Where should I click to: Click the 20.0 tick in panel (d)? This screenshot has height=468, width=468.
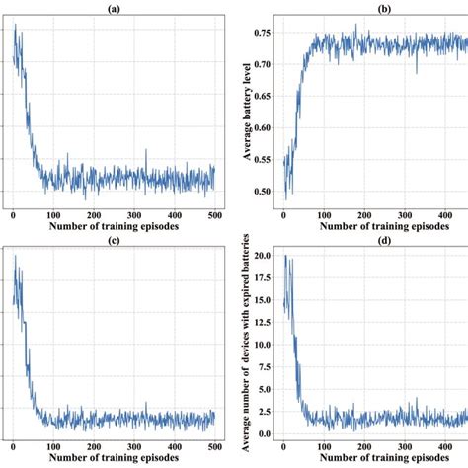(x=264, y=255)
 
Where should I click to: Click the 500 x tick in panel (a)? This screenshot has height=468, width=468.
(x=213, y=216)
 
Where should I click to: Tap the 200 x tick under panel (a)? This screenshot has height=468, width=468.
(x=93, y=216)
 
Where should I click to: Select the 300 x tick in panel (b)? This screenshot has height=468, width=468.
(x=404, y=216)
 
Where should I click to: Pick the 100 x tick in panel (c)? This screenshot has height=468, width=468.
(x=52, y=449)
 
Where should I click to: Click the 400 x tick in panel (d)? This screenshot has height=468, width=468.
(x=443, y=449)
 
